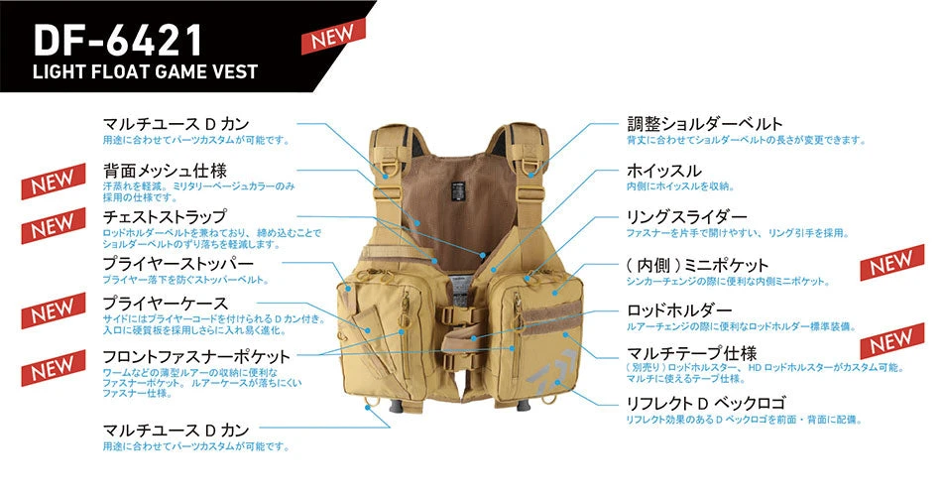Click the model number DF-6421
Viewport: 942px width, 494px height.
click(118, 41)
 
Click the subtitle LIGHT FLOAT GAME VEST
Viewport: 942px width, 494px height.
click(146, 71)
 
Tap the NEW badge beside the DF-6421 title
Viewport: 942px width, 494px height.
click(333, 36)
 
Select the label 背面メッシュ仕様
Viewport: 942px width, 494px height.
click(165, 171)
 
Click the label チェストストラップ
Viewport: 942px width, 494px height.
click(165, 216)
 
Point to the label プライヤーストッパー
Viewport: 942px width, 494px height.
click(177, 263)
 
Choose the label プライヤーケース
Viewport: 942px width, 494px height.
click(166, 303)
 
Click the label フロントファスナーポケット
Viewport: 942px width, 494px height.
click(196, 356)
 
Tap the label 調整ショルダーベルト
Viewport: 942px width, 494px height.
click(705, 124)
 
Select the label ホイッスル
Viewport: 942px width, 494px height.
click(663, 171)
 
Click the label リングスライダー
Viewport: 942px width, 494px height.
click(687, 216)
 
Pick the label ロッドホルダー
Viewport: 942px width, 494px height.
click(679, 310)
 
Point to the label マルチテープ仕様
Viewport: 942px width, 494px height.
click(691, 353)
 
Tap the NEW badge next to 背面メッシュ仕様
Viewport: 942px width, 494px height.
click(54, 181)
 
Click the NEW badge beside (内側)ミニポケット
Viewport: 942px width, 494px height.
click(892, 263)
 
